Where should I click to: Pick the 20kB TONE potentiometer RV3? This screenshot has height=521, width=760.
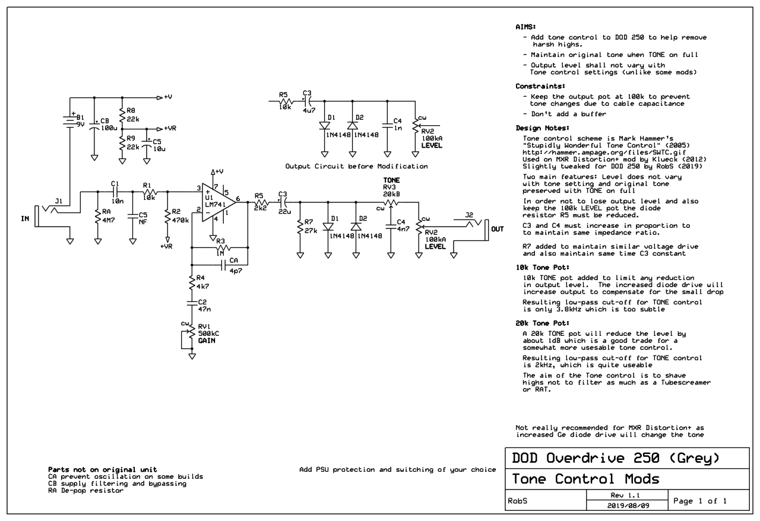click(390, 204)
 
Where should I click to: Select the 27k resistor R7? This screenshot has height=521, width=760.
click(300, 227)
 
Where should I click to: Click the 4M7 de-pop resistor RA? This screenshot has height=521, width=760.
click(97, 218)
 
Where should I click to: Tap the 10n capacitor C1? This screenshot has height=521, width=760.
click(115, 191)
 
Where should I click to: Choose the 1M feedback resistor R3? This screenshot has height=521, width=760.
click(219, 247)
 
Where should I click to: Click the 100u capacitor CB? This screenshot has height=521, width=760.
click(94, 126)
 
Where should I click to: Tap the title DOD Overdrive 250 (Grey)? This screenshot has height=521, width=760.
click(616, 458)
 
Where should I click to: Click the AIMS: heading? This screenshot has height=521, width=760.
click(525, 27)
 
